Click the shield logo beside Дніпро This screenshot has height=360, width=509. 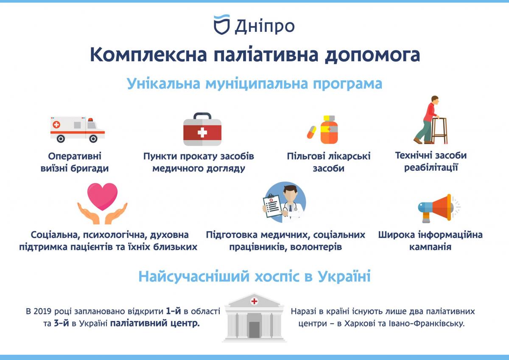pos(222,25)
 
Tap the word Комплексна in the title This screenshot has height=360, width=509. pos(148,55)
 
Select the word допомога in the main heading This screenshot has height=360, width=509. pos(372,55)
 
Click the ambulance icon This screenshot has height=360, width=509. pos(78,129)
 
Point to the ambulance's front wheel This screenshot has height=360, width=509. pos(93,139)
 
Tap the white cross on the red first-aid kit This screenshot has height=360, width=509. pos(202,132)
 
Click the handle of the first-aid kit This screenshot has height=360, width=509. pos(202,116)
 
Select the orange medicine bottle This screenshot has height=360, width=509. pos(329,129)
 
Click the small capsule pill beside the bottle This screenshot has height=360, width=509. pos(311,132)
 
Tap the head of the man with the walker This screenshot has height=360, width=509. pos(435,99)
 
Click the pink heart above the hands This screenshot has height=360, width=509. pos(103,197)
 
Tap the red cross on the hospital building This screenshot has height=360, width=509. pos(254,301)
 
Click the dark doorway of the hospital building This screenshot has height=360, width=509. pos(254,330)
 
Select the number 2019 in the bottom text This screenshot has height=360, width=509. pos(43,311)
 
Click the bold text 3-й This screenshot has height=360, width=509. pos(61,323)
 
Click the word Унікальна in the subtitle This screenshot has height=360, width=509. pos(163,84)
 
